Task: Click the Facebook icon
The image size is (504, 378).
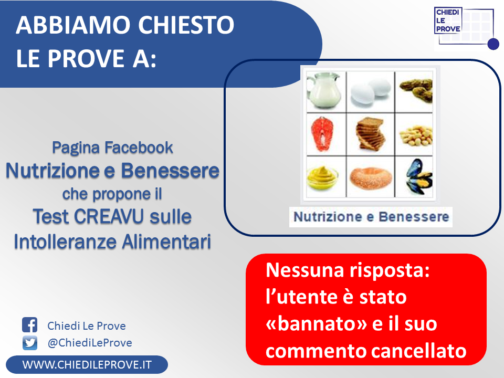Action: [29, 324]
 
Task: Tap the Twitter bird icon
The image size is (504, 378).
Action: [29, 343]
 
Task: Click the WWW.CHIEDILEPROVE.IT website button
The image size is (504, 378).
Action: [87, 364]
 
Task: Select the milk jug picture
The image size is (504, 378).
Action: [324, 91]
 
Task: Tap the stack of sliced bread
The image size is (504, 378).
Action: [370, 134]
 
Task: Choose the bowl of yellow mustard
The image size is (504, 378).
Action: [322, 177]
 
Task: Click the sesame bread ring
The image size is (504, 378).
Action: [370, 178]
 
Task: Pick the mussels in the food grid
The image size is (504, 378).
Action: [418, 177]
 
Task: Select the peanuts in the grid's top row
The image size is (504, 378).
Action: [416, 91]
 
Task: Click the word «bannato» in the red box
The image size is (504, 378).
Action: [316, 323]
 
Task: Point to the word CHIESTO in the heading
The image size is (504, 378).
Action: [186, 25]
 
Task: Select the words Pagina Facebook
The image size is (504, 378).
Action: [112, 148]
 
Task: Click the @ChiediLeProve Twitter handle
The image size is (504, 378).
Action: [90, 343]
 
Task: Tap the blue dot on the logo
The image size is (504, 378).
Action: [493, 44]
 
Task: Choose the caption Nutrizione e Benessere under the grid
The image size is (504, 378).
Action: [371, 217]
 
